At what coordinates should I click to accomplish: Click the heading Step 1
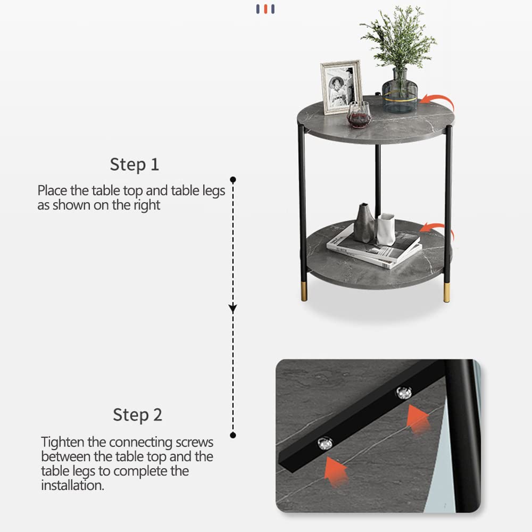tap(134, 164)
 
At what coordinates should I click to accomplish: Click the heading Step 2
tap(137, 414)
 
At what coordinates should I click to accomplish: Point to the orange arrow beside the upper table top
tap(438, 101)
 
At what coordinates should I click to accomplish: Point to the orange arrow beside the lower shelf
tap(437, 229)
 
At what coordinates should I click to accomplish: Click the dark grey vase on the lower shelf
tap(364, 223)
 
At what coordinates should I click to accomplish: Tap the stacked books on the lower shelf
tap(374, 249)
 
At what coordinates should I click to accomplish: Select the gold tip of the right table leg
tap(447, 293)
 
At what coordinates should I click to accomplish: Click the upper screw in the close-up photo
tap(404, 393)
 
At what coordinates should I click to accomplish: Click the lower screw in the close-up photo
tap(324, 442)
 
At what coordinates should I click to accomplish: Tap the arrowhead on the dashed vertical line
tap(232, 307)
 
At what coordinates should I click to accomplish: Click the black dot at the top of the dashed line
tap(232, 180)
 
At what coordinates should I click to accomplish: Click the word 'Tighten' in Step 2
tap(62, 442)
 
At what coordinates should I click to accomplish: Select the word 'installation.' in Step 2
tap(72, 485)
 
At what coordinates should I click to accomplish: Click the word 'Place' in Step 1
tap(52, 190)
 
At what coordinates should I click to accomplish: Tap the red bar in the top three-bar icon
tap(265, 9)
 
